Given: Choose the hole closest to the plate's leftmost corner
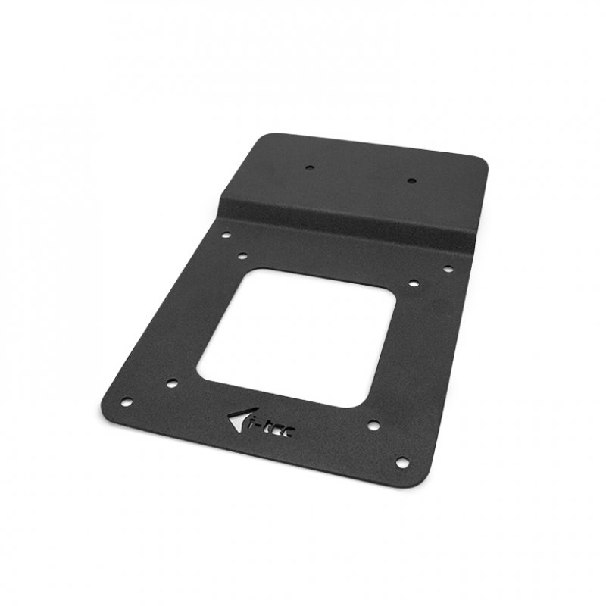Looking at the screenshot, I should point(127,401).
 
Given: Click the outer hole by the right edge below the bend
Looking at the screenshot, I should point(448,268).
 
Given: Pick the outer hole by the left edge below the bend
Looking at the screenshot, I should point(225,236).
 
